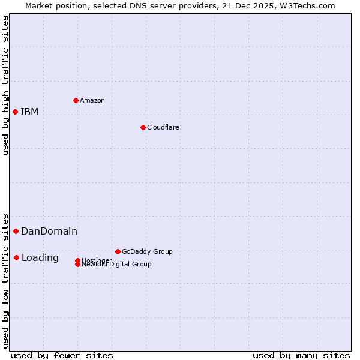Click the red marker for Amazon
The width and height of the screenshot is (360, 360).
pos(76,100)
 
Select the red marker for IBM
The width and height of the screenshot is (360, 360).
pos(15,112)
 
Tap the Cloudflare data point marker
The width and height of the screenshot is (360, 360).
pos(143,127)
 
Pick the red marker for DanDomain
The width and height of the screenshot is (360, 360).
pos(16,231)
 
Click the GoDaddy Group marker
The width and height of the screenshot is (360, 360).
pos(118,251)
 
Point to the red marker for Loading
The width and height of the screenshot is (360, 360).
pos(16,257)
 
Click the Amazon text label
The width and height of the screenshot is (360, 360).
pos(92,100)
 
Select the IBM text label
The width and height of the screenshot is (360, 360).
pos(29,112)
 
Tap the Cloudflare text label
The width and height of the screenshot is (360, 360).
pos(163,127)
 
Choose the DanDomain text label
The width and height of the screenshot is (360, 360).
pos(49,231)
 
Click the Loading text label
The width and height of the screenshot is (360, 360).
pos(40,258)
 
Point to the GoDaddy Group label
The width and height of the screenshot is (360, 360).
pos(147,251)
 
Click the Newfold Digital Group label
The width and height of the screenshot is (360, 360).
pos(116,265)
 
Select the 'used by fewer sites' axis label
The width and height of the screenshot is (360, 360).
pos(62,355)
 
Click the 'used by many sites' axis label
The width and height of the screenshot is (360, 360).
pos(301,355)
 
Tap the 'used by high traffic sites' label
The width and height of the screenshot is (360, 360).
pos(6,85)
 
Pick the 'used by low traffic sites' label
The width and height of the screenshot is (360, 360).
pos(6,281)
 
